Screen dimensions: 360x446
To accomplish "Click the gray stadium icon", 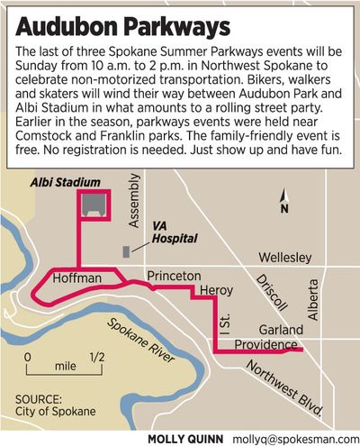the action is coord(90,205).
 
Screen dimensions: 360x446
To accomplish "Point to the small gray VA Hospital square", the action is coord(127,246).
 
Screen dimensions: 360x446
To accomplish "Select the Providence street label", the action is coord(266,344).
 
